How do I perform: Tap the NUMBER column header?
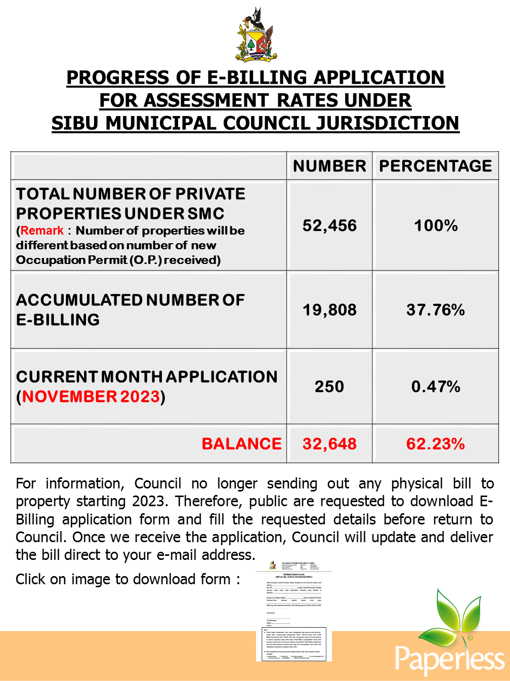click(x=329, y=166)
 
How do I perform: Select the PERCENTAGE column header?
click(x=436, y=166)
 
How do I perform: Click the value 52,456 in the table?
click(x=329, y=225)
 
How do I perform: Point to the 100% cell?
click(x=436, y=225)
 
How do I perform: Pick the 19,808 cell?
click(x=329, y=310)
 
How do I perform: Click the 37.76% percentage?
click(x=436, y=310)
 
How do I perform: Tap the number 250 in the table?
click(x=329, y=387)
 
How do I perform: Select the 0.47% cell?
click(x=436, y=387)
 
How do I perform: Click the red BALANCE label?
click(x=241, y=444)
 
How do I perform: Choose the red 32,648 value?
click(x=329, y=444)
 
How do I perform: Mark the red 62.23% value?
click(x=436, y=444)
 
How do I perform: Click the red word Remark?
click(x=42, y=231)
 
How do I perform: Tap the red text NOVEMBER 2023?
click(x=91, y=396)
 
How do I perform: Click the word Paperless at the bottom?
click(x=449, y=659)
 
